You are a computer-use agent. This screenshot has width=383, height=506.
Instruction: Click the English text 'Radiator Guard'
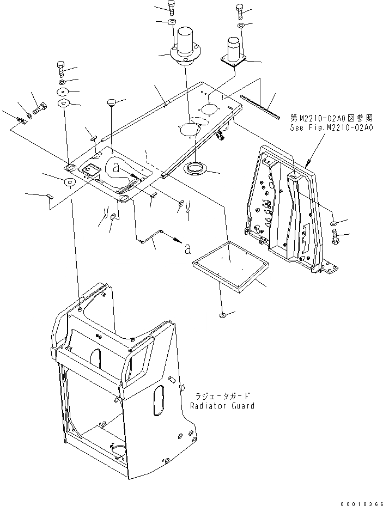pyautogui.click(x=223, y=406)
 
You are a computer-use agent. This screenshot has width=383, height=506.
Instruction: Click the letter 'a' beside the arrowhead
pyautogui.click(x=188, y=249)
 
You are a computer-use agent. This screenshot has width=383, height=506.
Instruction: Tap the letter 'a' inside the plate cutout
pyautogui.click(x=116, y=169)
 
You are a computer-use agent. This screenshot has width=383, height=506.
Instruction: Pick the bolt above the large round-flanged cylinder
pyautogui.click(x=172, y=8)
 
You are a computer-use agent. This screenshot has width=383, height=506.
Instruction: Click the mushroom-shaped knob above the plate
pyautogui.click(x=112, y=101)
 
